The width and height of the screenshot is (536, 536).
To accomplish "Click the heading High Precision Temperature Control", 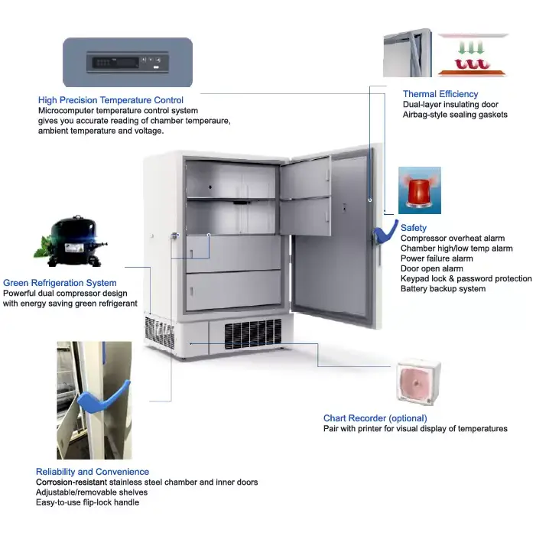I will [110, 100].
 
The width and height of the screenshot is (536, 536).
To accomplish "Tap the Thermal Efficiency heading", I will [440, 94].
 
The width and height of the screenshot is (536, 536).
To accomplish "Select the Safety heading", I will [414, 228].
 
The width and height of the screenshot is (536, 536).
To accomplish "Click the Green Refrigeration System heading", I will [60, 283].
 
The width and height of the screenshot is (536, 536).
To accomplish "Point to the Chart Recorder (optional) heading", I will [375, 418].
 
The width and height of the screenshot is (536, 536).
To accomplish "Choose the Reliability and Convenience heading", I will [93, 472].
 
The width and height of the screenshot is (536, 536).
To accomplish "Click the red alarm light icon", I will [419, 190].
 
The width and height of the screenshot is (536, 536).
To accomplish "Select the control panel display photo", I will [127, 62].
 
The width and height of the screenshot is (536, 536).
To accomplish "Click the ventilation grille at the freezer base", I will [253, 333].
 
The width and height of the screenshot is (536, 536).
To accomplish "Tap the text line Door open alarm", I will [431, 269].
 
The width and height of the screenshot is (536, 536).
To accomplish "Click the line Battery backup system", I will [443, 289].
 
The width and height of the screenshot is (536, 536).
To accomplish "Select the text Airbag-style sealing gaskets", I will [455, 115].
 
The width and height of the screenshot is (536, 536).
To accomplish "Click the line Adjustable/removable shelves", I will [92, 492].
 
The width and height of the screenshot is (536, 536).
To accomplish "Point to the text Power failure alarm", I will [437, 258].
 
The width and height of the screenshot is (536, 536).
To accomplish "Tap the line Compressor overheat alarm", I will [453, 239].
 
